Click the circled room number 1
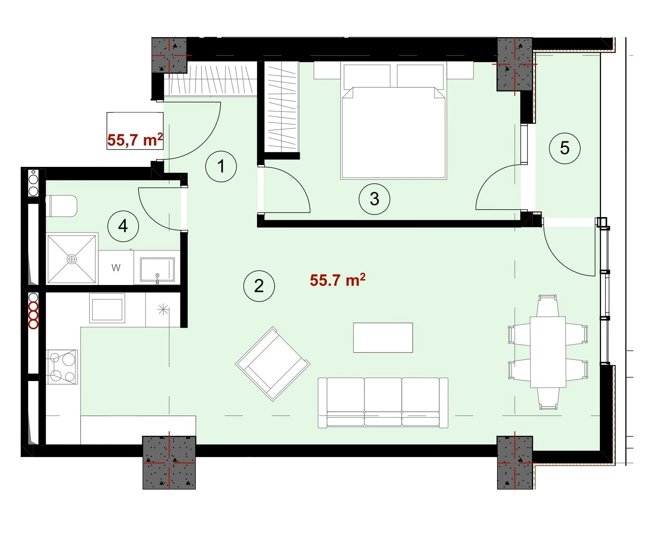click(221, 166)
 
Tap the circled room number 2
click(259, 286)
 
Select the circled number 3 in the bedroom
click(374, 199)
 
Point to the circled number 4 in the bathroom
click(123, 226)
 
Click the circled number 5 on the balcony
click(565, 148)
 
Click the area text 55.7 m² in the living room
click(338, 280)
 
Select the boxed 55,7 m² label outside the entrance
click(135, 139)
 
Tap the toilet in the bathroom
click(62, 206)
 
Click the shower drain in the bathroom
click(71, 259)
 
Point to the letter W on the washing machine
click(116, 268)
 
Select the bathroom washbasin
click(157, 269)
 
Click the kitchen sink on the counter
click(107, 308)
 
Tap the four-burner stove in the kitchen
click(62, 367)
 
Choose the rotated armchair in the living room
click(273, 364)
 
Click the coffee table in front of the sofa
click(383, 337)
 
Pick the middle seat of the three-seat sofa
click(383, 402)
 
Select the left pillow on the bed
click(367, 76)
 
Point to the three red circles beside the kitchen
click(33, 315)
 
